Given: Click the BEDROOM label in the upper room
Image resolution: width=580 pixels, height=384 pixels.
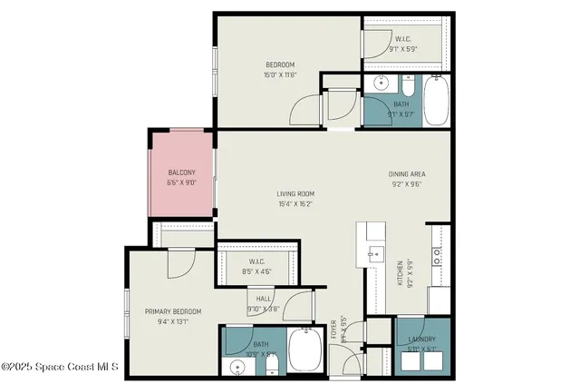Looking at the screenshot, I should pyautogui.click(x=280, y=64).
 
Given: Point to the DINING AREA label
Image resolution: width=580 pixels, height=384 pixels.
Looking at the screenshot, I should pyautogui.click(x=407, y=173).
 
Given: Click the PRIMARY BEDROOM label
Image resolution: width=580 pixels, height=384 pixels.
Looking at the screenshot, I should pyautogui.click(x=173, y=311).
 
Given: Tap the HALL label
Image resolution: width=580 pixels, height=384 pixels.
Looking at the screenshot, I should pyautogui.click(x=263, y=298).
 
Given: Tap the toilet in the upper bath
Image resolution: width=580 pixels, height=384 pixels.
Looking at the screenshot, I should pyautogui.click(x=408, y=88).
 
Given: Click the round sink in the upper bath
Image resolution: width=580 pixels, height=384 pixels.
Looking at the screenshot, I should pyautogui.click(x=381, y=87).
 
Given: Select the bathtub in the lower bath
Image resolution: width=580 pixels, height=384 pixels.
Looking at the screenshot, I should pyautogui.click(x=304, y=350).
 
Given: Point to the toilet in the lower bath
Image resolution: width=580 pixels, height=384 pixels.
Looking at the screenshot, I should pyautogui.click(x=271, y=365).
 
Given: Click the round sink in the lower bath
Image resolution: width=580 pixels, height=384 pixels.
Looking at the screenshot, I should pyautogui.click(x=238, y=367).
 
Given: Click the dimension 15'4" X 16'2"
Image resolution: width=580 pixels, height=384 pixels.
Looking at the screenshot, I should pyautogui.click(x=295, y=203).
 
